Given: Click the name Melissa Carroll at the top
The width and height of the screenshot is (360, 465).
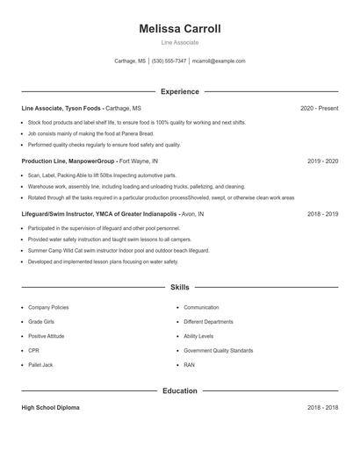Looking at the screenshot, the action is [180, 29].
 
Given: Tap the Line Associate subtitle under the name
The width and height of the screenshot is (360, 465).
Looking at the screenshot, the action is [180, 42].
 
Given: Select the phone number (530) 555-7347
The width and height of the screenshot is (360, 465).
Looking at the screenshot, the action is [169, 61].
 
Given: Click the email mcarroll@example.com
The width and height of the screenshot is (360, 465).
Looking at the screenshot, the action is [219, 61].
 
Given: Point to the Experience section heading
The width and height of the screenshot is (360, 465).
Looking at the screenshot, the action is [180, 91].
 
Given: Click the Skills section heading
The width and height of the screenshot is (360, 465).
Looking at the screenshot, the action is [180, 287].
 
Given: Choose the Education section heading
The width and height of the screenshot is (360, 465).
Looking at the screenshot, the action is [180, 390].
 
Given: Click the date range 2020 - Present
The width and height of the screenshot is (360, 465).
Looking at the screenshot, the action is [319, 108].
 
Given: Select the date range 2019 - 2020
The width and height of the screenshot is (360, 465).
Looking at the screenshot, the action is [322, 161].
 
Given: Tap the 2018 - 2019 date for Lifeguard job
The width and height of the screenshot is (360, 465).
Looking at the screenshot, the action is [322, 213].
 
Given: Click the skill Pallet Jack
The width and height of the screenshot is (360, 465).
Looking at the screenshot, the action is [40, 364].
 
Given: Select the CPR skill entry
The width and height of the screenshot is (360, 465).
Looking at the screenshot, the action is [33, 350].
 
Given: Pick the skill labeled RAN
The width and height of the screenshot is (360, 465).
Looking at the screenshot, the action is [190, 364].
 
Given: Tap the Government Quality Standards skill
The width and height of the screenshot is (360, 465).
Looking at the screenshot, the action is [218, 350].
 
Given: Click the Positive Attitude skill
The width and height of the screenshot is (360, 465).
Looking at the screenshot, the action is [46, 336].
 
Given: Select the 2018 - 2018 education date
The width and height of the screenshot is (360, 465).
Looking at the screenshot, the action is [322, 408].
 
